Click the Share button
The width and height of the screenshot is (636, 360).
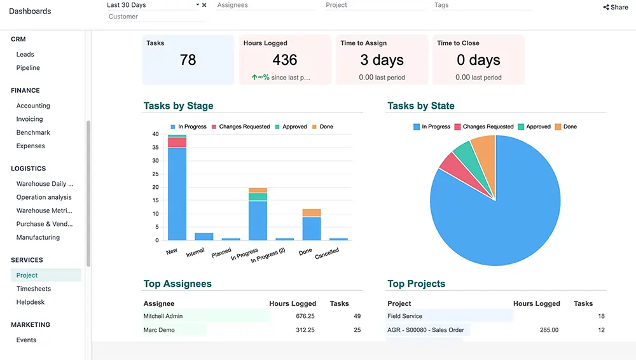[615, 8]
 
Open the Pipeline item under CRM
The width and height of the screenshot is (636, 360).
[28, 68]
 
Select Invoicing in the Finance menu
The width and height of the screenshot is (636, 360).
[30, 120]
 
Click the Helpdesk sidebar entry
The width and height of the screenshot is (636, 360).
[31, 302]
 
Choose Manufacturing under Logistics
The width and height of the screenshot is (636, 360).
[38, 238]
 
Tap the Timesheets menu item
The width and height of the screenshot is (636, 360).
[34, 289]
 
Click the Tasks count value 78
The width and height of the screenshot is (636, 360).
[188, 60]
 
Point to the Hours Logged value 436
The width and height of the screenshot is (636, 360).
[284, 60]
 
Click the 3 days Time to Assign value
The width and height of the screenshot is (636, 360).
[382, 60]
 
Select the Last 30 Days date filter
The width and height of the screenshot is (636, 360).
[153, 5]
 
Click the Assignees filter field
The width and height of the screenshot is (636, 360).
[265, 5]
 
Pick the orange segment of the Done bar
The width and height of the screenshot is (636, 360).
[312, 213]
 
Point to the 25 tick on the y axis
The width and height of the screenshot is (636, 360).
[155, 174]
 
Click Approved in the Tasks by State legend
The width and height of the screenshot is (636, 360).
[538, 127]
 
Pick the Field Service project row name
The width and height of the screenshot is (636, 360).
[404, 316]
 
